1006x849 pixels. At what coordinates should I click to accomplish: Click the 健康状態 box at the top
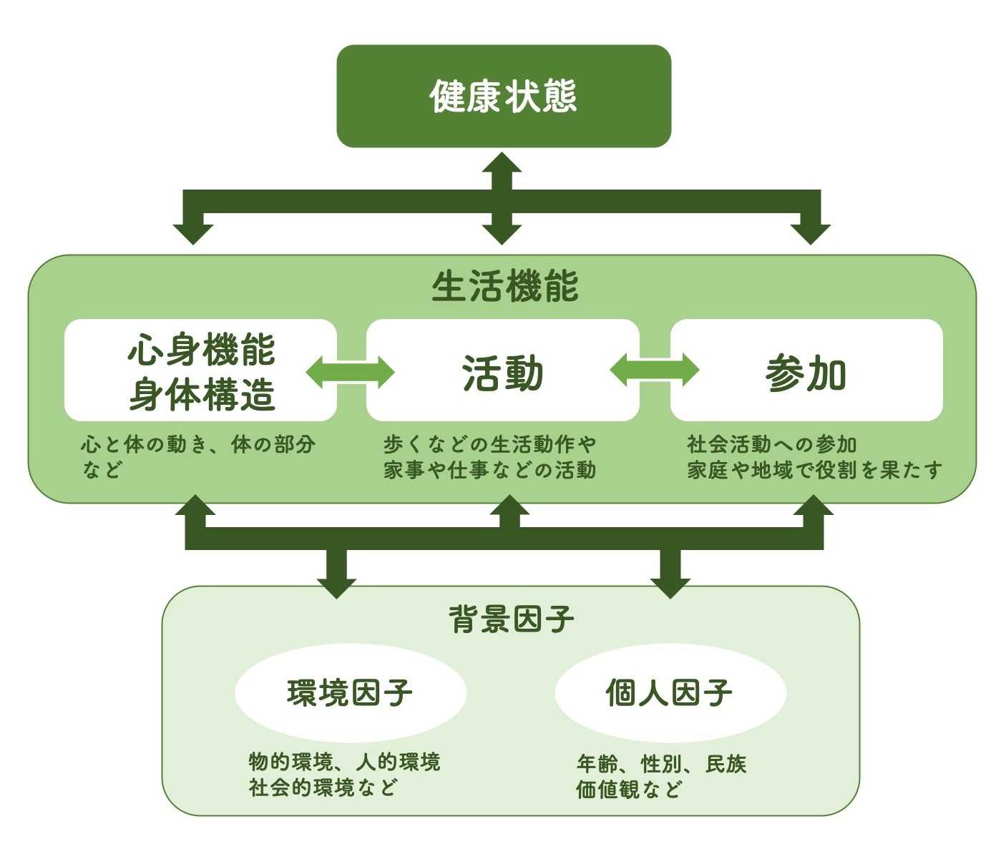pyautogui.click(x=504, y=96)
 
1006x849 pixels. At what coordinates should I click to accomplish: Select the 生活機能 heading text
pyautogui.click(x=504, y=287)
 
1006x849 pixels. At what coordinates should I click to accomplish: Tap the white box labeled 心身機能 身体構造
pyautogui.click(x=200, y=370)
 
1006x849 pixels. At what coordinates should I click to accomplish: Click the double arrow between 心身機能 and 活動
pyautogui.click(x=351, y=372)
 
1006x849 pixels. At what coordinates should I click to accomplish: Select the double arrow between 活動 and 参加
pyautogui.click(x=654, y=370)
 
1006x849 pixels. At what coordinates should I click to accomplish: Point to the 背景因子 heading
pyautogui.click(x=511, y=619)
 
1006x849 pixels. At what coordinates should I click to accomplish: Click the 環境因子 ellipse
pyautogui.click(x=350, y=692)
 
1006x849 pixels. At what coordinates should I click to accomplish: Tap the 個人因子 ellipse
pyautogui.click(x=670, y=692)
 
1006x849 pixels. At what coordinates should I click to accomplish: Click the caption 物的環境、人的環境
pyautogui.click(x=343, y=762)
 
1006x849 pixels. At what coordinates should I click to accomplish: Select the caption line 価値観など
pyautogui.click(x=629, y=790)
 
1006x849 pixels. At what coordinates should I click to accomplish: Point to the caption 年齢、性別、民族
pyautogui.click(x=661, y=764)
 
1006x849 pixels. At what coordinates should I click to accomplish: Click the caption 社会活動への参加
pyautogui.click(x=771, y=444)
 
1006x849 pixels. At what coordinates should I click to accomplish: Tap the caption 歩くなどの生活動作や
pyautogui.click(x=489, y=444)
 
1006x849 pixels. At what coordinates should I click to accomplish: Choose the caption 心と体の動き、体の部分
pyautogui.click(x=197, y=444)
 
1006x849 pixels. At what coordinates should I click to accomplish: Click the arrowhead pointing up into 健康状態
pyautogui.click(x=502, y=163)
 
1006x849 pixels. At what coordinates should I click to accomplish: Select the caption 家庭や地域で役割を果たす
pyautogui.click(x=814, y=470)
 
